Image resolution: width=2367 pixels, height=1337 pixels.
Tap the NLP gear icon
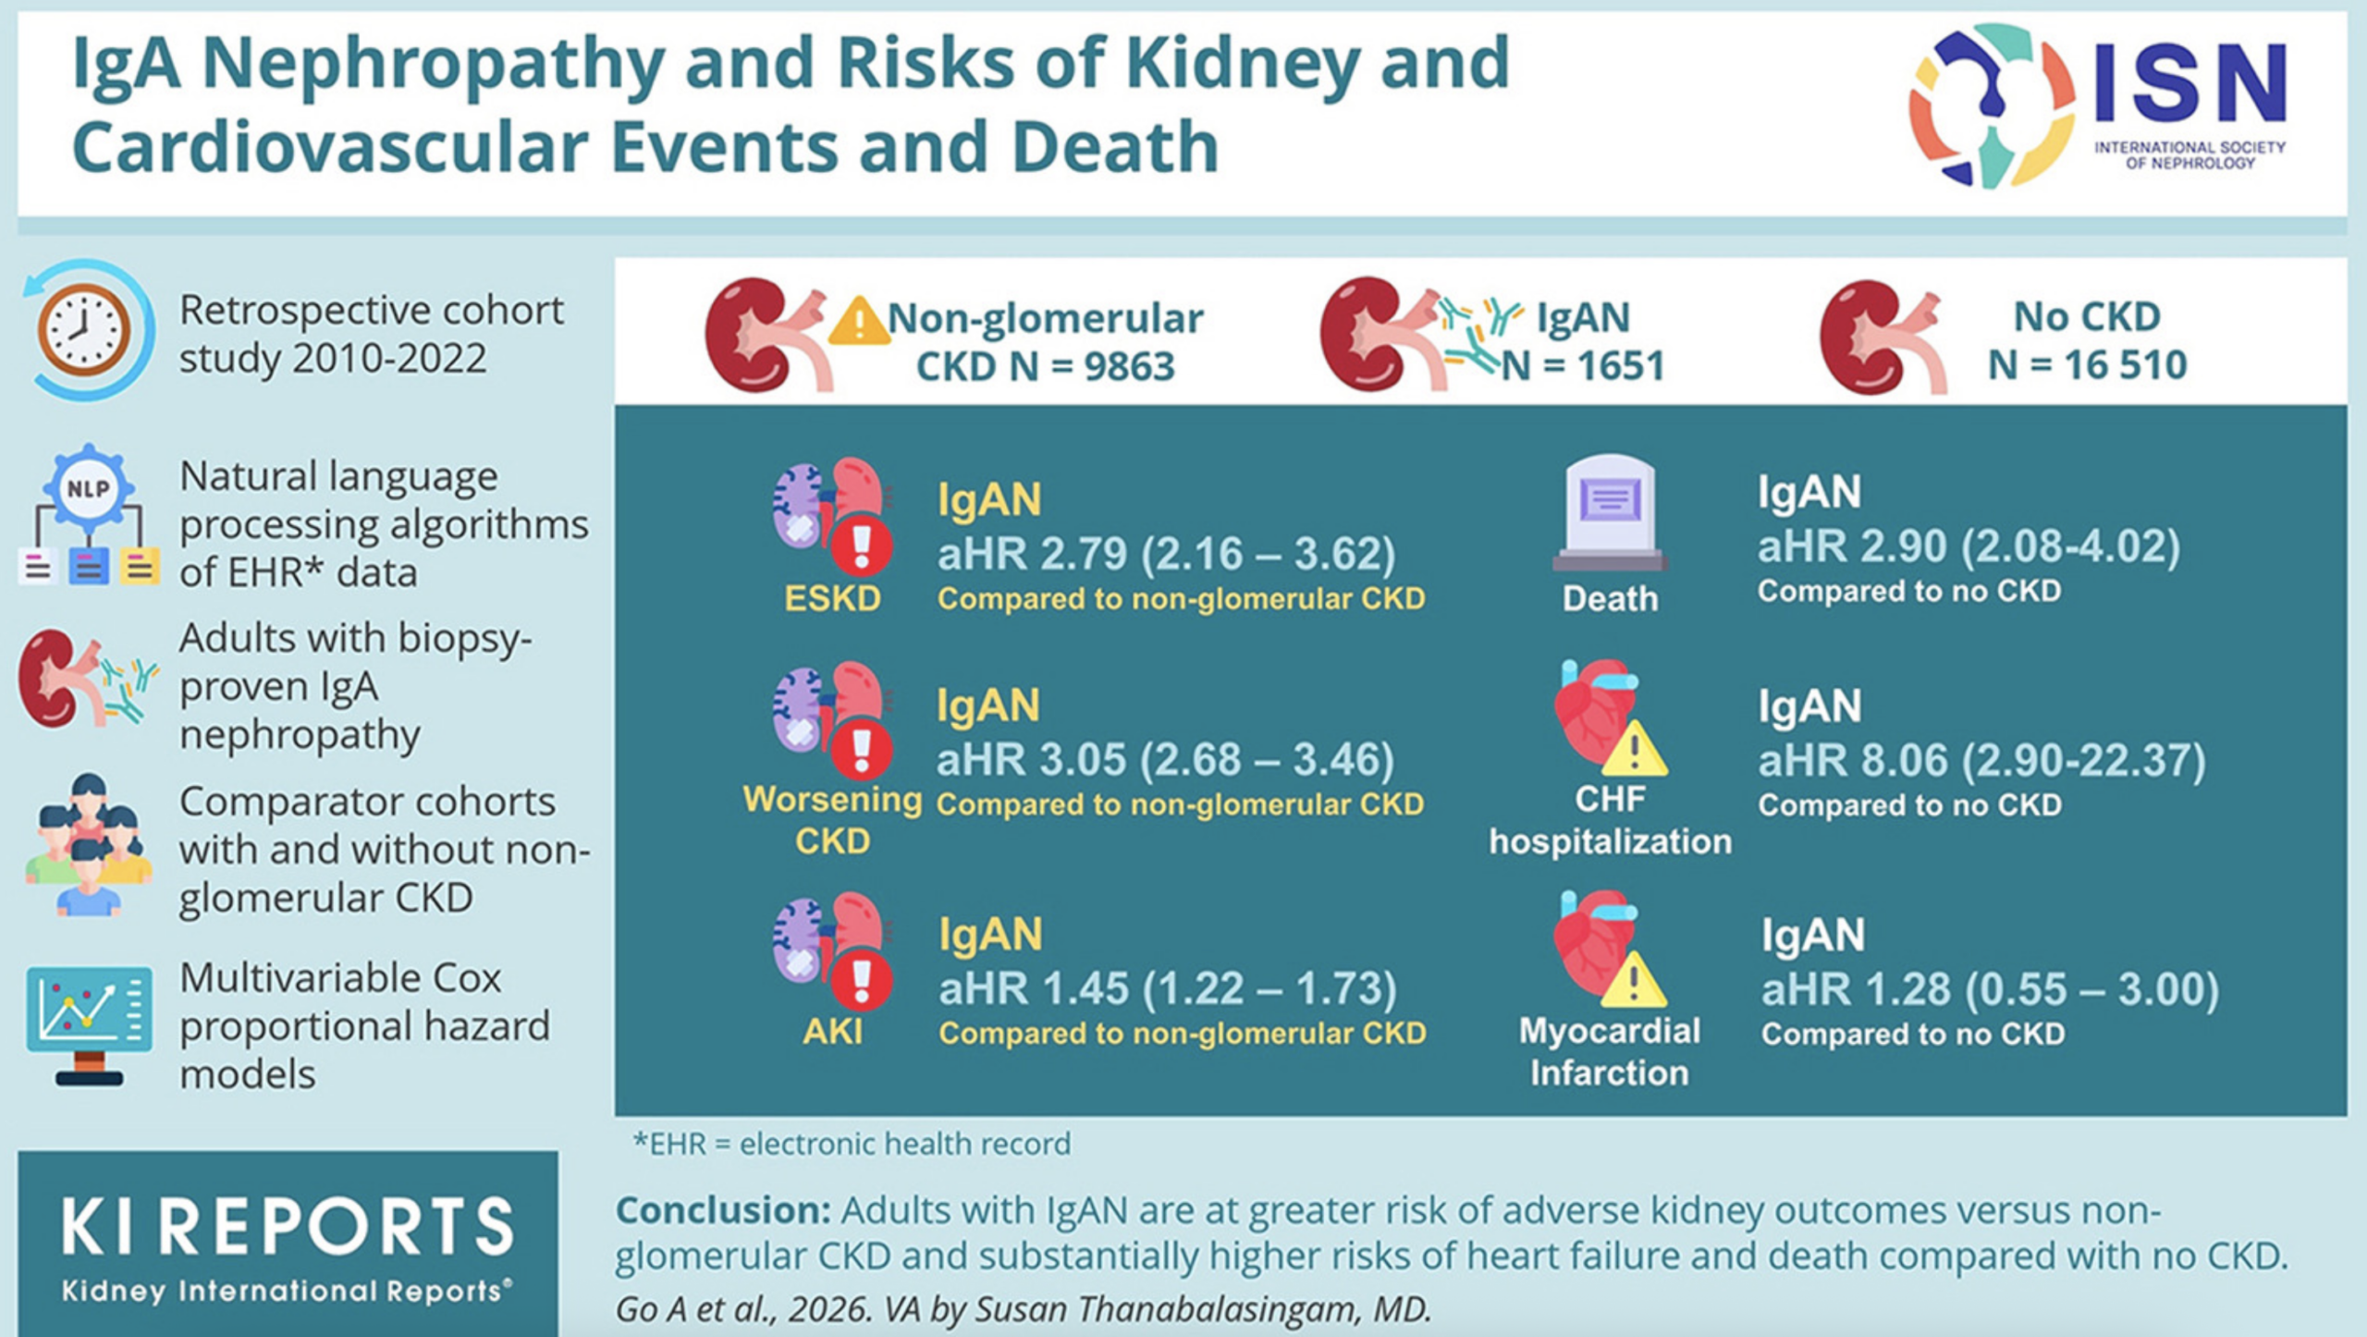click(89, 489)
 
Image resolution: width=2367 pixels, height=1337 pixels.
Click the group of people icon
click(88, 844)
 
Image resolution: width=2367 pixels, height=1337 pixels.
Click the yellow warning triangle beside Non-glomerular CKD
click(859, 321)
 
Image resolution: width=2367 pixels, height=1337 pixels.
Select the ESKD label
click(832, 599)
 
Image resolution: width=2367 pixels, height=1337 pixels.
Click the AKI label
click(832, 1031)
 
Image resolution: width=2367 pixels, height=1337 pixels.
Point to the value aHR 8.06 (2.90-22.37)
click(1981, 761)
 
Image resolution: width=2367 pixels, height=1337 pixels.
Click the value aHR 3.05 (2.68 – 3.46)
click(1165, 760)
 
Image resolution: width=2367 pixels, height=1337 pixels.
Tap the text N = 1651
click(1582, 366)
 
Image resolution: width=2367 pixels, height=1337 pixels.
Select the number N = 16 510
click(2088, 365)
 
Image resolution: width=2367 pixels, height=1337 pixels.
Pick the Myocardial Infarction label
click(1610, 1052)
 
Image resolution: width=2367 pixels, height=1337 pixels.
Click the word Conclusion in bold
click(724, 1210)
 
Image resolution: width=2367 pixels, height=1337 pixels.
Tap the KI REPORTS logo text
click(288, 1227)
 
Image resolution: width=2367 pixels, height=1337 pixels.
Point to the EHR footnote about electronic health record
click(852, 1145)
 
